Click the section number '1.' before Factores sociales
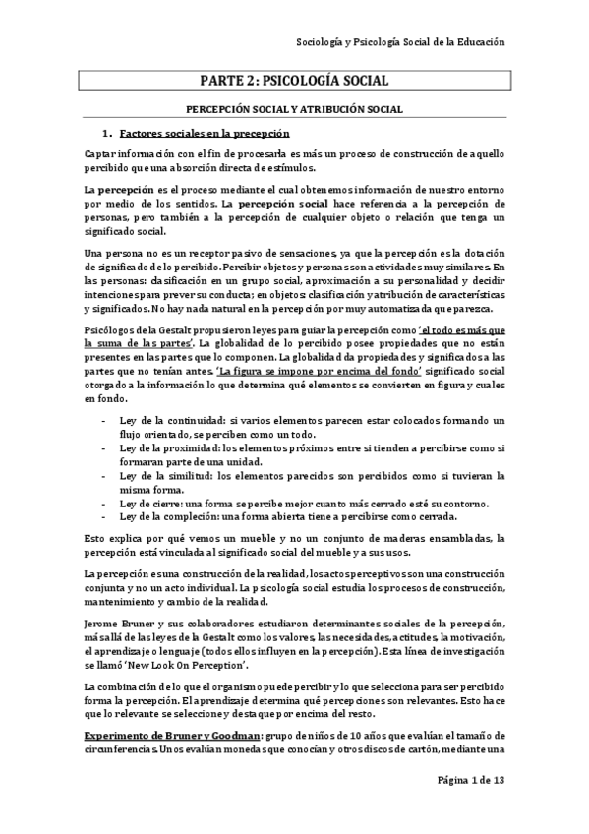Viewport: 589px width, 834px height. point(109,133)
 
